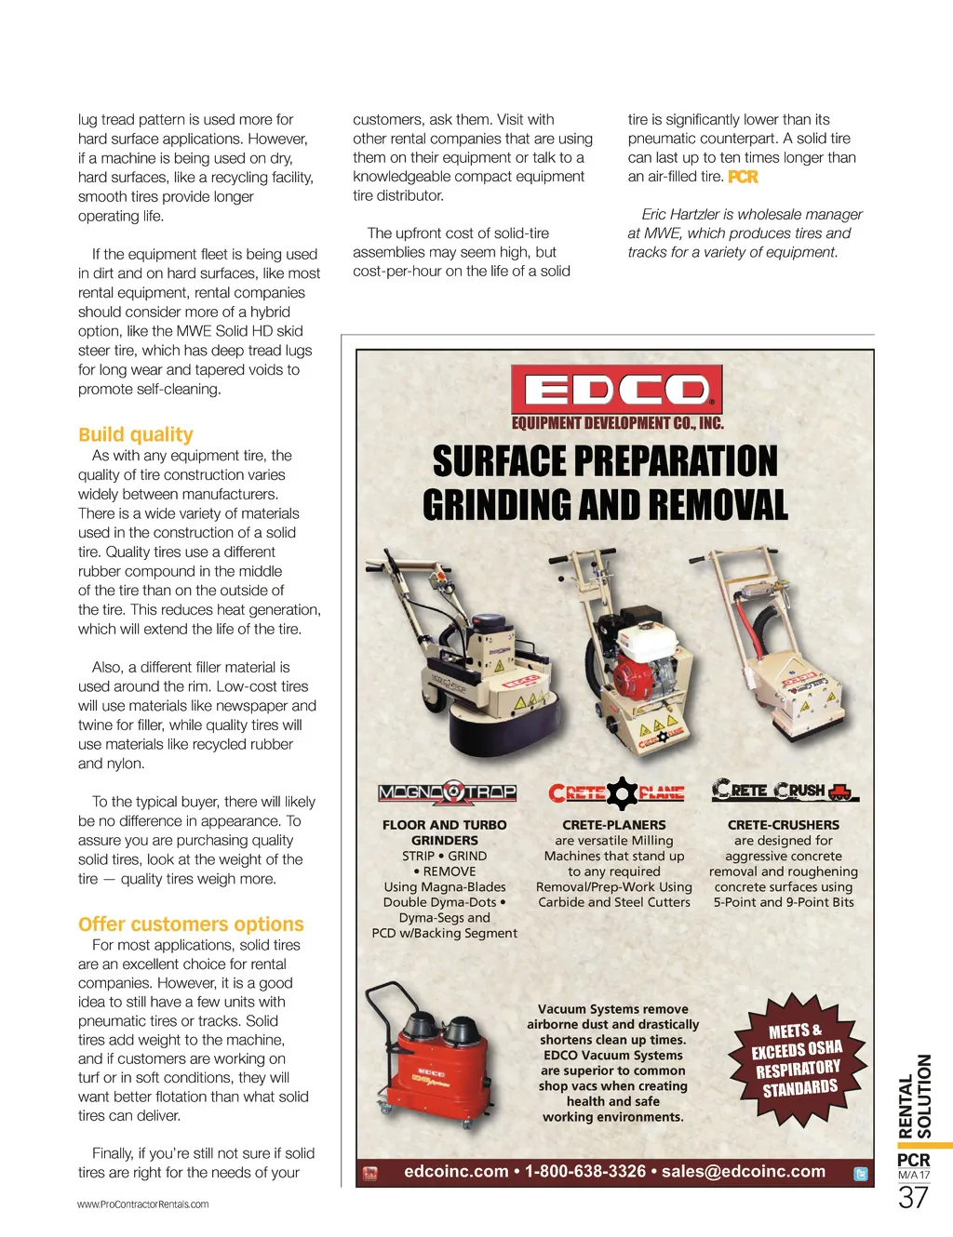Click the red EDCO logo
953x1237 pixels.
tap(616, 390)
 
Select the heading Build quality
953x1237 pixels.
tap(136, 434)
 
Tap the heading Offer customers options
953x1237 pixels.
tap(191, 924)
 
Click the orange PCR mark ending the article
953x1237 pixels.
tap(743, 177)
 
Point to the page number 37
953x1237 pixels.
tap(913, 1197)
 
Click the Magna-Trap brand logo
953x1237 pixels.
tap(447, 792)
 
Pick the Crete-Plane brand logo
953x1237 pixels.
tap(616, 792)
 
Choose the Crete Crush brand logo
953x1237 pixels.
tap(783, 791)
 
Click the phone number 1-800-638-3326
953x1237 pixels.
tap(585, 1172)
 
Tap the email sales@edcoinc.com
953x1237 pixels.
tap(744, 1172)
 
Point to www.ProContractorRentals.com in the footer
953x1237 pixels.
tap(142, 1204)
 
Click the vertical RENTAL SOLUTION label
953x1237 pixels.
tap(915, 1097)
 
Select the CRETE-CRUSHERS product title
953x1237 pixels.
tap(784, 825)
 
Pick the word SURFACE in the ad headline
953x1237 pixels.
tap(499, 461)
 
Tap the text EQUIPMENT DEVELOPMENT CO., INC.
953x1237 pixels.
tap(617, 424)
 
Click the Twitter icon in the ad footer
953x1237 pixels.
tap(861, 1174)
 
